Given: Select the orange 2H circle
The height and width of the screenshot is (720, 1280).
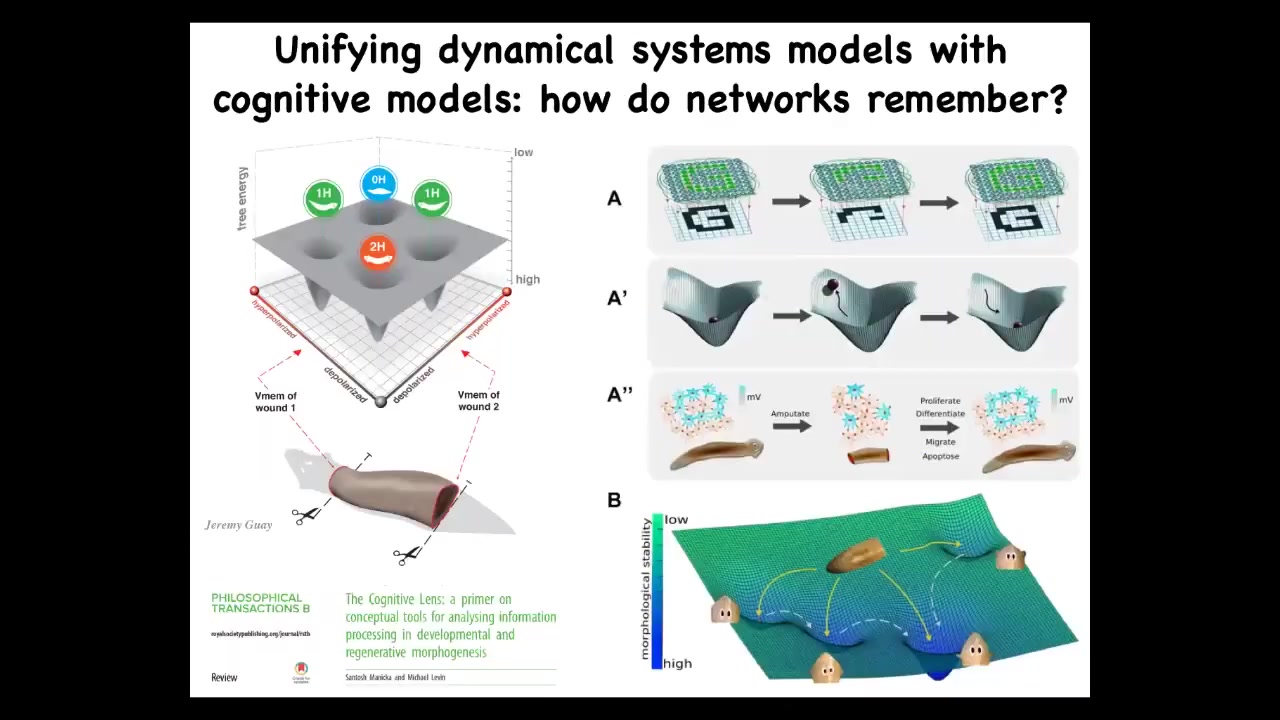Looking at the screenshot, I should pos(377,251).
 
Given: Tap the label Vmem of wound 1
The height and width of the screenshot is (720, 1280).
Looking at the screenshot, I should pos(275,401).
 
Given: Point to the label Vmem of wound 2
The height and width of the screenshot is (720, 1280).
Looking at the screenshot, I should pos(478,401).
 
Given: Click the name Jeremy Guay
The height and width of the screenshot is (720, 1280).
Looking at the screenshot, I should pos(238,525).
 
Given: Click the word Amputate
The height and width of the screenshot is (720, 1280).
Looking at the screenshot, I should pos(790,413).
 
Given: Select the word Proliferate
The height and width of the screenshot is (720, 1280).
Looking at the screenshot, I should pos(940,400).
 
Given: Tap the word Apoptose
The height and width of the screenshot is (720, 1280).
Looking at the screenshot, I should pos(940,456).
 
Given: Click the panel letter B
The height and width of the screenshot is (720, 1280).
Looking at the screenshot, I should pos(614,500).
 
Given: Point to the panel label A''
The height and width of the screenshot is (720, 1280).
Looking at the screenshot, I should pos(619,395).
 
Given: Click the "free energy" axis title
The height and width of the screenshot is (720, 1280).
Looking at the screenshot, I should pos(243,199).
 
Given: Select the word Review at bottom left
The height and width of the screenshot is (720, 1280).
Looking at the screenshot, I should pos(224,678).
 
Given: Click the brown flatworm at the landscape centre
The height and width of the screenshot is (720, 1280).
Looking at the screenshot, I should pos(858,556).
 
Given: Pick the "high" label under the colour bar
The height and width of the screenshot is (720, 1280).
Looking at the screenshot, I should pos(677,663).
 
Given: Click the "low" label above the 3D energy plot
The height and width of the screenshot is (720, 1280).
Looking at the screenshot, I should pos(523,152).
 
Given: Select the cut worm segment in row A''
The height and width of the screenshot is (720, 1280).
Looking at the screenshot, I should pos(868,456).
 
